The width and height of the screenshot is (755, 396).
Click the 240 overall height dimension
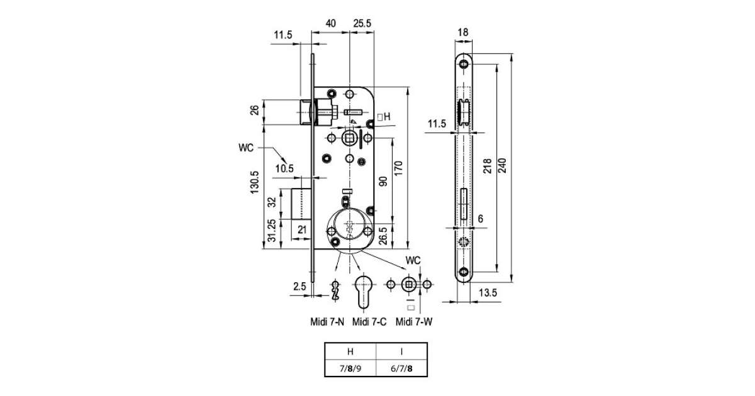pyautogui.click(x=502, y=165)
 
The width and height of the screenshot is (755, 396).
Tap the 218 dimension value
pyautogui.click(x=488, y=166)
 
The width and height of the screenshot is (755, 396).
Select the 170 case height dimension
pyautogui.click(x=398, y=168)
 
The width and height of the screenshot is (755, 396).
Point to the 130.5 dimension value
pyautogui.click(x=254, y=182)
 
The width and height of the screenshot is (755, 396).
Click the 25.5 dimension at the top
pyautogui.click(x=362, y=23)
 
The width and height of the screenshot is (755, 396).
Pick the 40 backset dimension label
pyautogui.click(x=331, y=23)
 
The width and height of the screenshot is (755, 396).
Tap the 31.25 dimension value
pyautogui.click(x=272, y=231)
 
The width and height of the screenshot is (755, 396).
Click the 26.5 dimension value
pyautogui.click(x=383, y=236)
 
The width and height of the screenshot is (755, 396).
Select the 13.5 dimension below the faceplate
pyautogui.click(x=488, y=293)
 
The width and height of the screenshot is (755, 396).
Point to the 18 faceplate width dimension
pyautogui.click(x=463, y=32)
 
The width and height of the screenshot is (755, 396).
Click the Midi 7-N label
pyautogui.click(x=327, y=322)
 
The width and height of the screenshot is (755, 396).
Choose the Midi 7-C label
pyautogui.click(x=369, y=322)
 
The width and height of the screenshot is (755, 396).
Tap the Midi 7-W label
pyautogui.click(x=414, y=322)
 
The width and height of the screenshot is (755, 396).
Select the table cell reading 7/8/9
pyautogui.click(x=350, y=368)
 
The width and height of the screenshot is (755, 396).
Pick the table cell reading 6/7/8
pyautogui.click(x=401, y=368)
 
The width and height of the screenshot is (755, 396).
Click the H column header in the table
pyautogui.click(x=350, y=351)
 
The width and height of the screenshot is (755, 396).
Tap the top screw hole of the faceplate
pyautogui.click(x=464, y=63)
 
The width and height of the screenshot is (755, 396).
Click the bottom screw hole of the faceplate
pyautogui.click(x=464, y=272)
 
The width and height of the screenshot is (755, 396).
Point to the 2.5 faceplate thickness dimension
pyautogui.click(x=299, y=287)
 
